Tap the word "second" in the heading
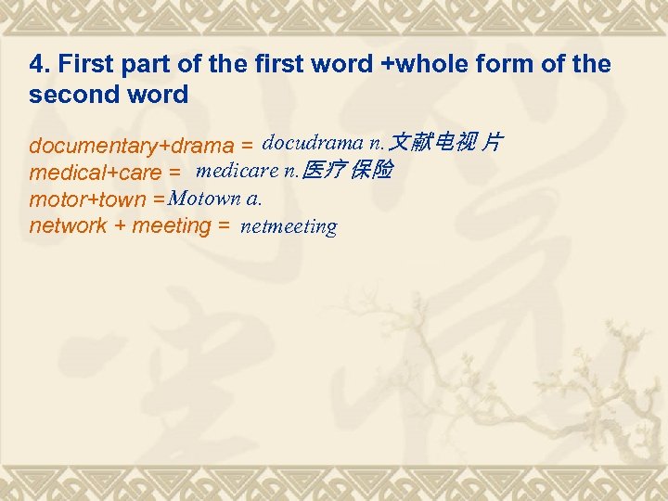click(70, 94)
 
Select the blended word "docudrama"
click(313, 143)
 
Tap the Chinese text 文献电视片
click(446, 143)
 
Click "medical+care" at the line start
click(96, 173)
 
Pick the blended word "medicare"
click(237, 170)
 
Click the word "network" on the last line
click(68, 225)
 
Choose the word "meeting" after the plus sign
click(172, 225)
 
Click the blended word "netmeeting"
click(289, 226)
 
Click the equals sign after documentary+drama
click(247, 147)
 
